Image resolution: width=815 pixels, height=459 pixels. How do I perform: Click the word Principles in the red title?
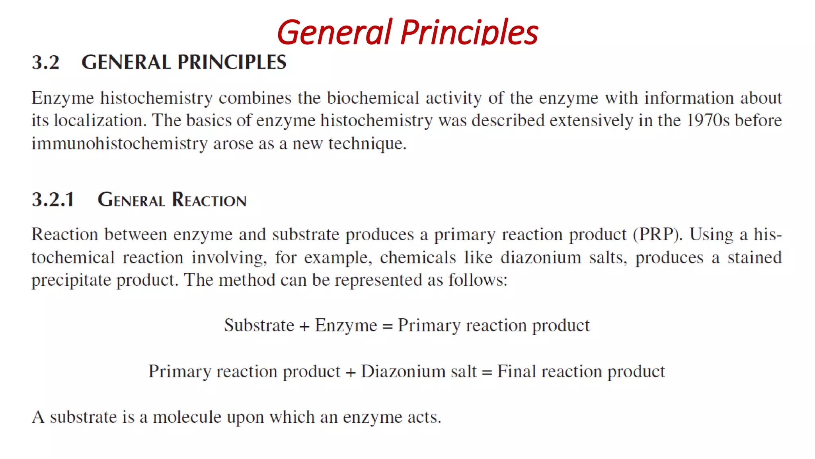click(470, 33)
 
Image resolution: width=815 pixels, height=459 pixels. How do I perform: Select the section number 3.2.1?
click(53, 200)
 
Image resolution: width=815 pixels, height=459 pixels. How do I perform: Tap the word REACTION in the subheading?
click(209, 200)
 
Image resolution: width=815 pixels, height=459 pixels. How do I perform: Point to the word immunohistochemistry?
click(119, 143)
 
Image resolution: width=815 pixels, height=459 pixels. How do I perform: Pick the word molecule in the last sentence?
click(187, 417)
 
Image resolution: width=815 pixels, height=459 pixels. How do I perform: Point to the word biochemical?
click(373, 98)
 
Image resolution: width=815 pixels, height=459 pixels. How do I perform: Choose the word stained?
click(755, 257)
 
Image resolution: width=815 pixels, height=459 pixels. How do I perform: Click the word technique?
click(367, 143)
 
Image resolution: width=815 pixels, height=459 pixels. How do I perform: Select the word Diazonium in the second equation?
click(403, 371)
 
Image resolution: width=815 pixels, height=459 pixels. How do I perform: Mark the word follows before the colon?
click(476, 280)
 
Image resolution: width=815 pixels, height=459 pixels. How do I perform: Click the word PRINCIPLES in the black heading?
click(232, 63)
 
